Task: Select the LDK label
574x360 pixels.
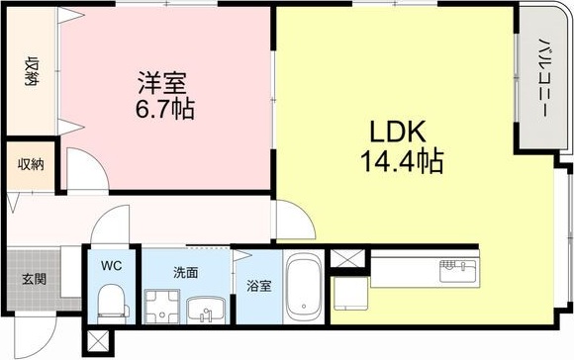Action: pyautogui.click(x=397, y=133)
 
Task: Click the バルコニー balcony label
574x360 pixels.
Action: pyautogui.click(x=543, y=79)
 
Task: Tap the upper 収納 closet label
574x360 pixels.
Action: pyautogui.click(x=32, y=73)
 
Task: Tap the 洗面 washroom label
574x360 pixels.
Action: pyautogui.click(x=186, y=272)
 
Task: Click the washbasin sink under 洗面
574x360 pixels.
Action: pyautogui.click(x=205, y=309)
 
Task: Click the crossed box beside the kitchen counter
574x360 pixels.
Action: pyautogui.click(x=345, y=261)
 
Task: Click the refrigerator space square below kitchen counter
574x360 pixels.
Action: pyautogui.click(x=349, y=293)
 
